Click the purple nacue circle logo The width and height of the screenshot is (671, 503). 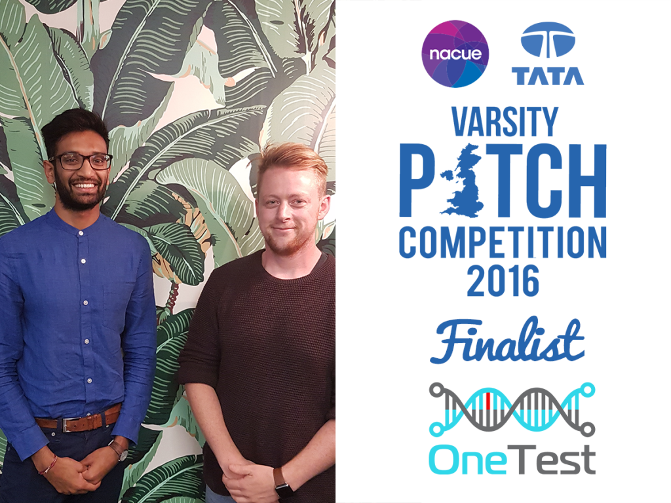[x=455, y=54]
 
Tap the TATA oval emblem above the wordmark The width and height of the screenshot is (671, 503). [x=548, y=40]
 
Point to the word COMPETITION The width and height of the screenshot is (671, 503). [x=503, y=242]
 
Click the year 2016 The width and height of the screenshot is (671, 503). [x=503, y=280]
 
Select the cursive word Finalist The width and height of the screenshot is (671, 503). [x=507, y=341]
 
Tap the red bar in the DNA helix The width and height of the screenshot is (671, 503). [x=488, y=403]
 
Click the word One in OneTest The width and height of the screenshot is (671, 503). [x=468, y=460]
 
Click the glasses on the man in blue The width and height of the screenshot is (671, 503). [x=81, y=161]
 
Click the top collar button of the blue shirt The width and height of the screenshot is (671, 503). [x=81, y=234]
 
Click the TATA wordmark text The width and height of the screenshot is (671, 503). [x=548, y=76]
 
